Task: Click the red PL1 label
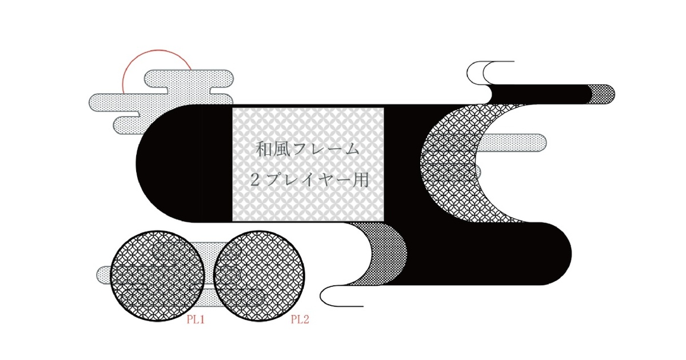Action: (196, 320)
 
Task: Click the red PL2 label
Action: (300, 320)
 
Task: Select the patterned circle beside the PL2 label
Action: (259, 276)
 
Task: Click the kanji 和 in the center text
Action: (264, 149)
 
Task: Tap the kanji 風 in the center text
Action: (282, 149)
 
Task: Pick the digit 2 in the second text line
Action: (255, 180)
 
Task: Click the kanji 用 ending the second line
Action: (360, 179)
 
